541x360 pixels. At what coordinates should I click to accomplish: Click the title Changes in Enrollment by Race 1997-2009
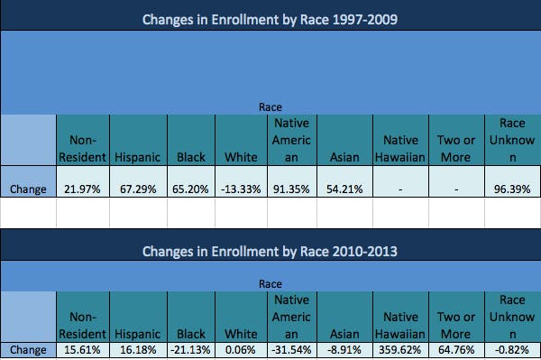(x=270, y=18)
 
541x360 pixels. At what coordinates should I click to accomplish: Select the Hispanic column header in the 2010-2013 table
(x=137, y=332)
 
